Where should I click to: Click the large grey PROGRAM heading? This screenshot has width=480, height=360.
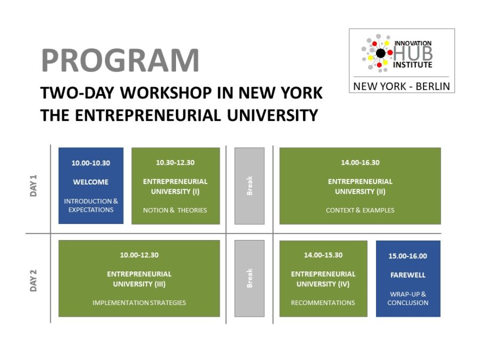click(x=120, y=60)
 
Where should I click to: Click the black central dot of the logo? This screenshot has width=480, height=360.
click(x=380, y=53)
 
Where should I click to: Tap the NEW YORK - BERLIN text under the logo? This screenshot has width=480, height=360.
click(x=402, y=86)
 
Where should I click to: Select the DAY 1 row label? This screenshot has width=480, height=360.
click(x=33, y=186)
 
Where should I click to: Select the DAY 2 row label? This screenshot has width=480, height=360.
click(x=33, y=281)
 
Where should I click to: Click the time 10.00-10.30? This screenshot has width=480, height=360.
click(x=91, y=163)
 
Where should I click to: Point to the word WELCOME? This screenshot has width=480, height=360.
click(x=91, y=182)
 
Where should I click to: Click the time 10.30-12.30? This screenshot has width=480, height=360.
click(x=175, y=163)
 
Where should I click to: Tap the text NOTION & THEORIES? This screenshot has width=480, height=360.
click(x=175, y=210)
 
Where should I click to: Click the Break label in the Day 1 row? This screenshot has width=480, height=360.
click(x=250, y=186)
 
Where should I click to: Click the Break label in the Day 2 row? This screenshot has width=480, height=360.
click(x=250, y=278)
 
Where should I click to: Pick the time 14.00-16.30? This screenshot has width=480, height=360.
click(x=361, y=163)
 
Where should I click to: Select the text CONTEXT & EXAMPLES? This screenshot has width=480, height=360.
click(x=360, y=210)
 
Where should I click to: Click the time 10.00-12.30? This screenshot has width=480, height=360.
click(x=139, y=255)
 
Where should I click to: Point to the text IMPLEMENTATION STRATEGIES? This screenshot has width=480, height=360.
click(x=139, y=303)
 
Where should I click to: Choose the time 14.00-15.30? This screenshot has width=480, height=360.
click(x=323, y=255)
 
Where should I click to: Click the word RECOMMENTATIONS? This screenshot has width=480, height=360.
click(x=323, y=303)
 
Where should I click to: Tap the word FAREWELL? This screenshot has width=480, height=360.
click(x=408, y=275)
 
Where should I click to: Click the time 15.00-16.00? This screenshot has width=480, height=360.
click(x=408, y=256)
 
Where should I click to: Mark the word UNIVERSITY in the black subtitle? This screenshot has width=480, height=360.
click(x=273, y=115)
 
